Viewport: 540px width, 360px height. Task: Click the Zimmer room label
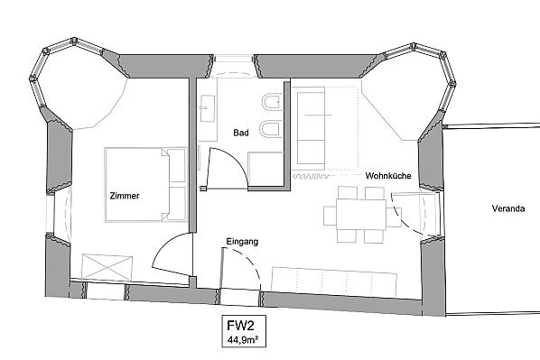(x=125, y=196)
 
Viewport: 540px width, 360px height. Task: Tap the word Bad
(x=241, y=133)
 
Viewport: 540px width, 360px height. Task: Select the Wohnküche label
(x=388, y=176)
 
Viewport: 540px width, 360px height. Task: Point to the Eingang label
(x=242, y=242)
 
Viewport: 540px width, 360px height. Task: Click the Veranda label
(x=508, y=208)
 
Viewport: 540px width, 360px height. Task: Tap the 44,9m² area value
(x=243, y=340)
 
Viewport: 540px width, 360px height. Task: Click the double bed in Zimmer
(x=146, y=184)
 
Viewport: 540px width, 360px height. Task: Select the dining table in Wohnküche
(x=361, y=215)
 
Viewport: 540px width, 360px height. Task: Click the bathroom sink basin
(x=208, y=108)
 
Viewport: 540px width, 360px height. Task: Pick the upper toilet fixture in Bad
(x=272, y=102)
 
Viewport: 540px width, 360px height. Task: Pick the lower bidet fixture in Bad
(x=272, y=129)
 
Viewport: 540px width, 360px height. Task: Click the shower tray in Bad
(x=265, y=169)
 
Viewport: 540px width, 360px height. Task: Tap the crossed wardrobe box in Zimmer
(x=107, y=267)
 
